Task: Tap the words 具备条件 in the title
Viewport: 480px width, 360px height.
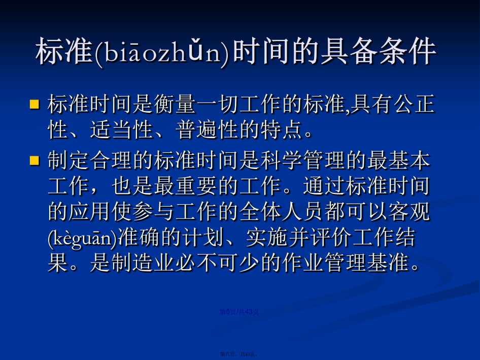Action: pyautogui.click(x=379, y=51)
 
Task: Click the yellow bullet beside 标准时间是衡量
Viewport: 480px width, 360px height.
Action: pyautogui.click(x=35, y=104)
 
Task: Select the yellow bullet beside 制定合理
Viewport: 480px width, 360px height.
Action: pyautogui.click(x=35, y=160)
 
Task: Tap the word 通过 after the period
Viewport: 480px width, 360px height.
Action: pyautogui.click(x=324, y=186)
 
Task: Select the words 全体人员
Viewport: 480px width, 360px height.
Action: pyautogui.click(x=281, y=211)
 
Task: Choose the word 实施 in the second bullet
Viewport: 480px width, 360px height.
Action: pyautogui.click(x=267, y=237)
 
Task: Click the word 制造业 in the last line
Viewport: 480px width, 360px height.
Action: pyautogui.click(x=143, y=263)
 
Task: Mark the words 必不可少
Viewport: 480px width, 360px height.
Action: pyautogui.click(x=218, y=263)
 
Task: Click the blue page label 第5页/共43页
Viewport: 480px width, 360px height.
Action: pyautogui.click(x=239, y=312)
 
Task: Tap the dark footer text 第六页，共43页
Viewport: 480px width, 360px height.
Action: pyautogui.click(x=239, y=354)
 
